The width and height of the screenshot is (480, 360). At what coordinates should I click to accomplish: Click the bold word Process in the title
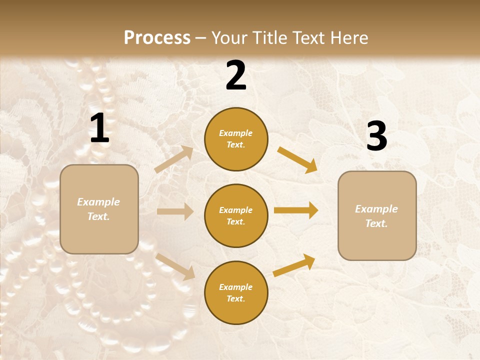click(157, 38)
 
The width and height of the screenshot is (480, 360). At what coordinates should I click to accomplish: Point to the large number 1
click(99, 128)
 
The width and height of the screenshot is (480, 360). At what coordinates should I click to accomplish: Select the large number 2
click(236, 75)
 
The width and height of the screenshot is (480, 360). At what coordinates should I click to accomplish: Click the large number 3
click(376, 136)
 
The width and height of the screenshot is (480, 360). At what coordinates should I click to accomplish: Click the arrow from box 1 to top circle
click(173, 159)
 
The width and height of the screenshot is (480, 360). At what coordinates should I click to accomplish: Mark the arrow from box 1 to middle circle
click(175, 211)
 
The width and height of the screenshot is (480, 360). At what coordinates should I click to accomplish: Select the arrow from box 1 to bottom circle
click(175, 266)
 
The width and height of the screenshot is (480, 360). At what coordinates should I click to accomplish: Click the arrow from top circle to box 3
click(297, 160)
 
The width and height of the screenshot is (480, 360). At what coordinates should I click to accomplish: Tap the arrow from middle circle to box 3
click(296, 210)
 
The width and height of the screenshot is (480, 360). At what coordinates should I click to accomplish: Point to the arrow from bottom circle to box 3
click(294, 265)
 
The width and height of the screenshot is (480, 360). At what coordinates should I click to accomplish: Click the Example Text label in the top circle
click(236, 139)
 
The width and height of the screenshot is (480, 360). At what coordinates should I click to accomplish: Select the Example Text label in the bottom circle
click(236, 293)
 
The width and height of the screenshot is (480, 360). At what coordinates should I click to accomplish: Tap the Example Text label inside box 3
click(376, 216)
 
